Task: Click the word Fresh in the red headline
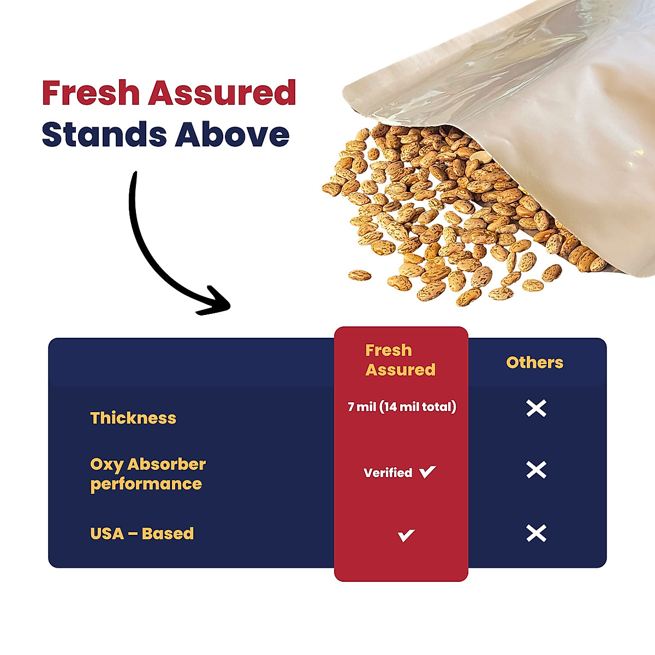[91, 93]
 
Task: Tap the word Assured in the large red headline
[222, 93]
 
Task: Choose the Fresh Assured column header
[400, 360]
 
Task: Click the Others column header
[534, 362]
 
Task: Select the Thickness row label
[133, 418]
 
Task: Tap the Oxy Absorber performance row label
[147, 474]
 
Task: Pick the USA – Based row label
[142, 533]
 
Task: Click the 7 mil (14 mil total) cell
[402, 407]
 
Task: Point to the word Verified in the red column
[388, 473]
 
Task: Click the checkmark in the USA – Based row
[406, 535]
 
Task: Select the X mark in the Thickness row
[536, 408]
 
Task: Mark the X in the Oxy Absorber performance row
[536, 469]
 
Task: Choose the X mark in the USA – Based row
[536, 533]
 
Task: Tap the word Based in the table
[168, 533]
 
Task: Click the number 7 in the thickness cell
[351, 407]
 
